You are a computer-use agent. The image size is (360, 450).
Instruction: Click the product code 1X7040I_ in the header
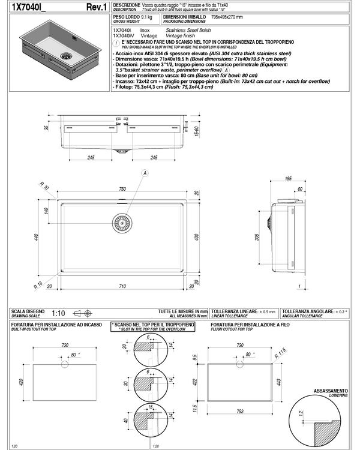pyautogui.click(x=28, y=7)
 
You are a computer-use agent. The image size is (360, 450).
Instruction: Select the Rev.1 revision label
pyautogui.click(x=97, y=7)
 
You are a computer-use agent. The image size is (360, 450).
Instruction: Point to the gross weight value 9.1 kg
pyautogui.click(x=143, y=17)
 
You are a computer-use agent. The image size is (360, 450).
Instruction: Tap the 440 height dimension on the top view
pyautogui.click(x=37, y=238)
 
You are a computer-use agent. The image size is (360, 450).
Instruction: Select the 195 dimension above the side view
pyautogui.click(x=288, y=179)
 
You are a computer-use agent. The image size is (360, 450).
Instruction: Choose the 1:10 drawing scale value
pyautogui.click(x=59, y=313)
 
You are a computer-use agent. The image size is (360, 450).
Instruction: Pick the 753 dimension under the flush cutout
pyautogui.click(x=240, y=412)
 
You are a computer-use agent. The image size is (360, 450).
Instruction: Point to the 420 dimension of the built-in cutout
pyautogui.click(x=22, y=382)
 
